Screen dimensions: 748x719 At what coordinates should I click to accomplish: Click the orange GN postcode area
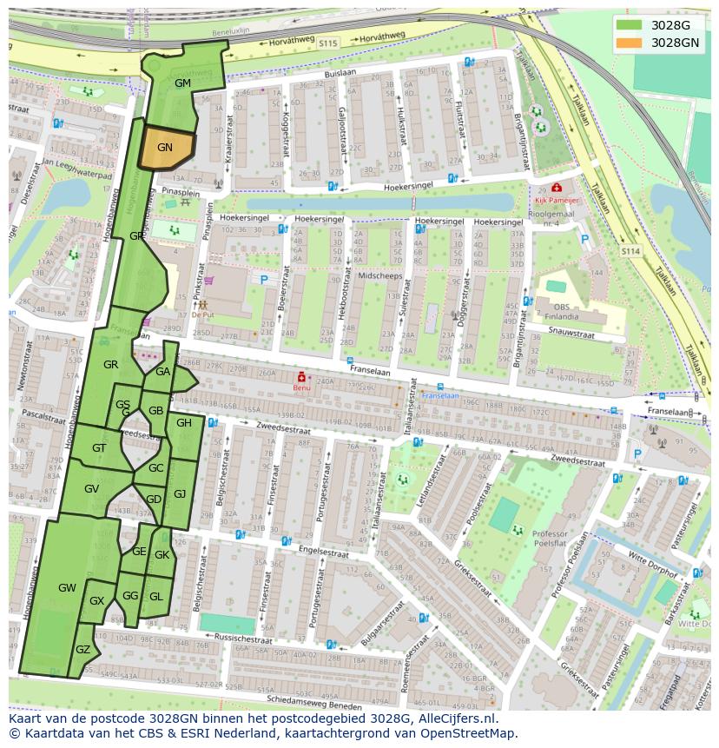pos(165,148)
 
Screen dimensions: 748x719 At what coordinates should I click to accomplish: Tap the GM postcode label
pos(182,83)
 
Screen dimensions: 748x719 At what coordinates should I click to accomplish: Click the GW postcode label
pos(67,588)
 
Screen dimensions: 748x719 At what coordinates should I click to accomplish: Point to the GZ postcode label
pos(83,650)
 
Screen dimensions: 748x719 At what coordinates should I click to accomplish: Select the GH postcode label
pos(184,423)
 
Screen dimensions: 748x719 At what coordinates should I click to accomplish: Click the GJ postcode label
pos(180,493)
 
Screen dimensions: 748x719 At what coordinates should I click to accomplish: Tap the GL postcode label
pos(156,596)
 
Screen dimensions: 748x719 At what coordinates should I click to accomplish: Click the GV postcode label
pos(91,489)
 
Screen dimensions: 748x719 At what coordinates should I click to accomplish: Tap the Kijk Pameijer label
pos(556,199)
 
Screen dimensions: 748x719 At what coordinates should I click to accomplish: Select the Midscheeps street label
pos(379,275)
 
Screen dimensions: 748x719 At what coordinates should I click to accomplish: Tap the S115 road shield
pos(327,42)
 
